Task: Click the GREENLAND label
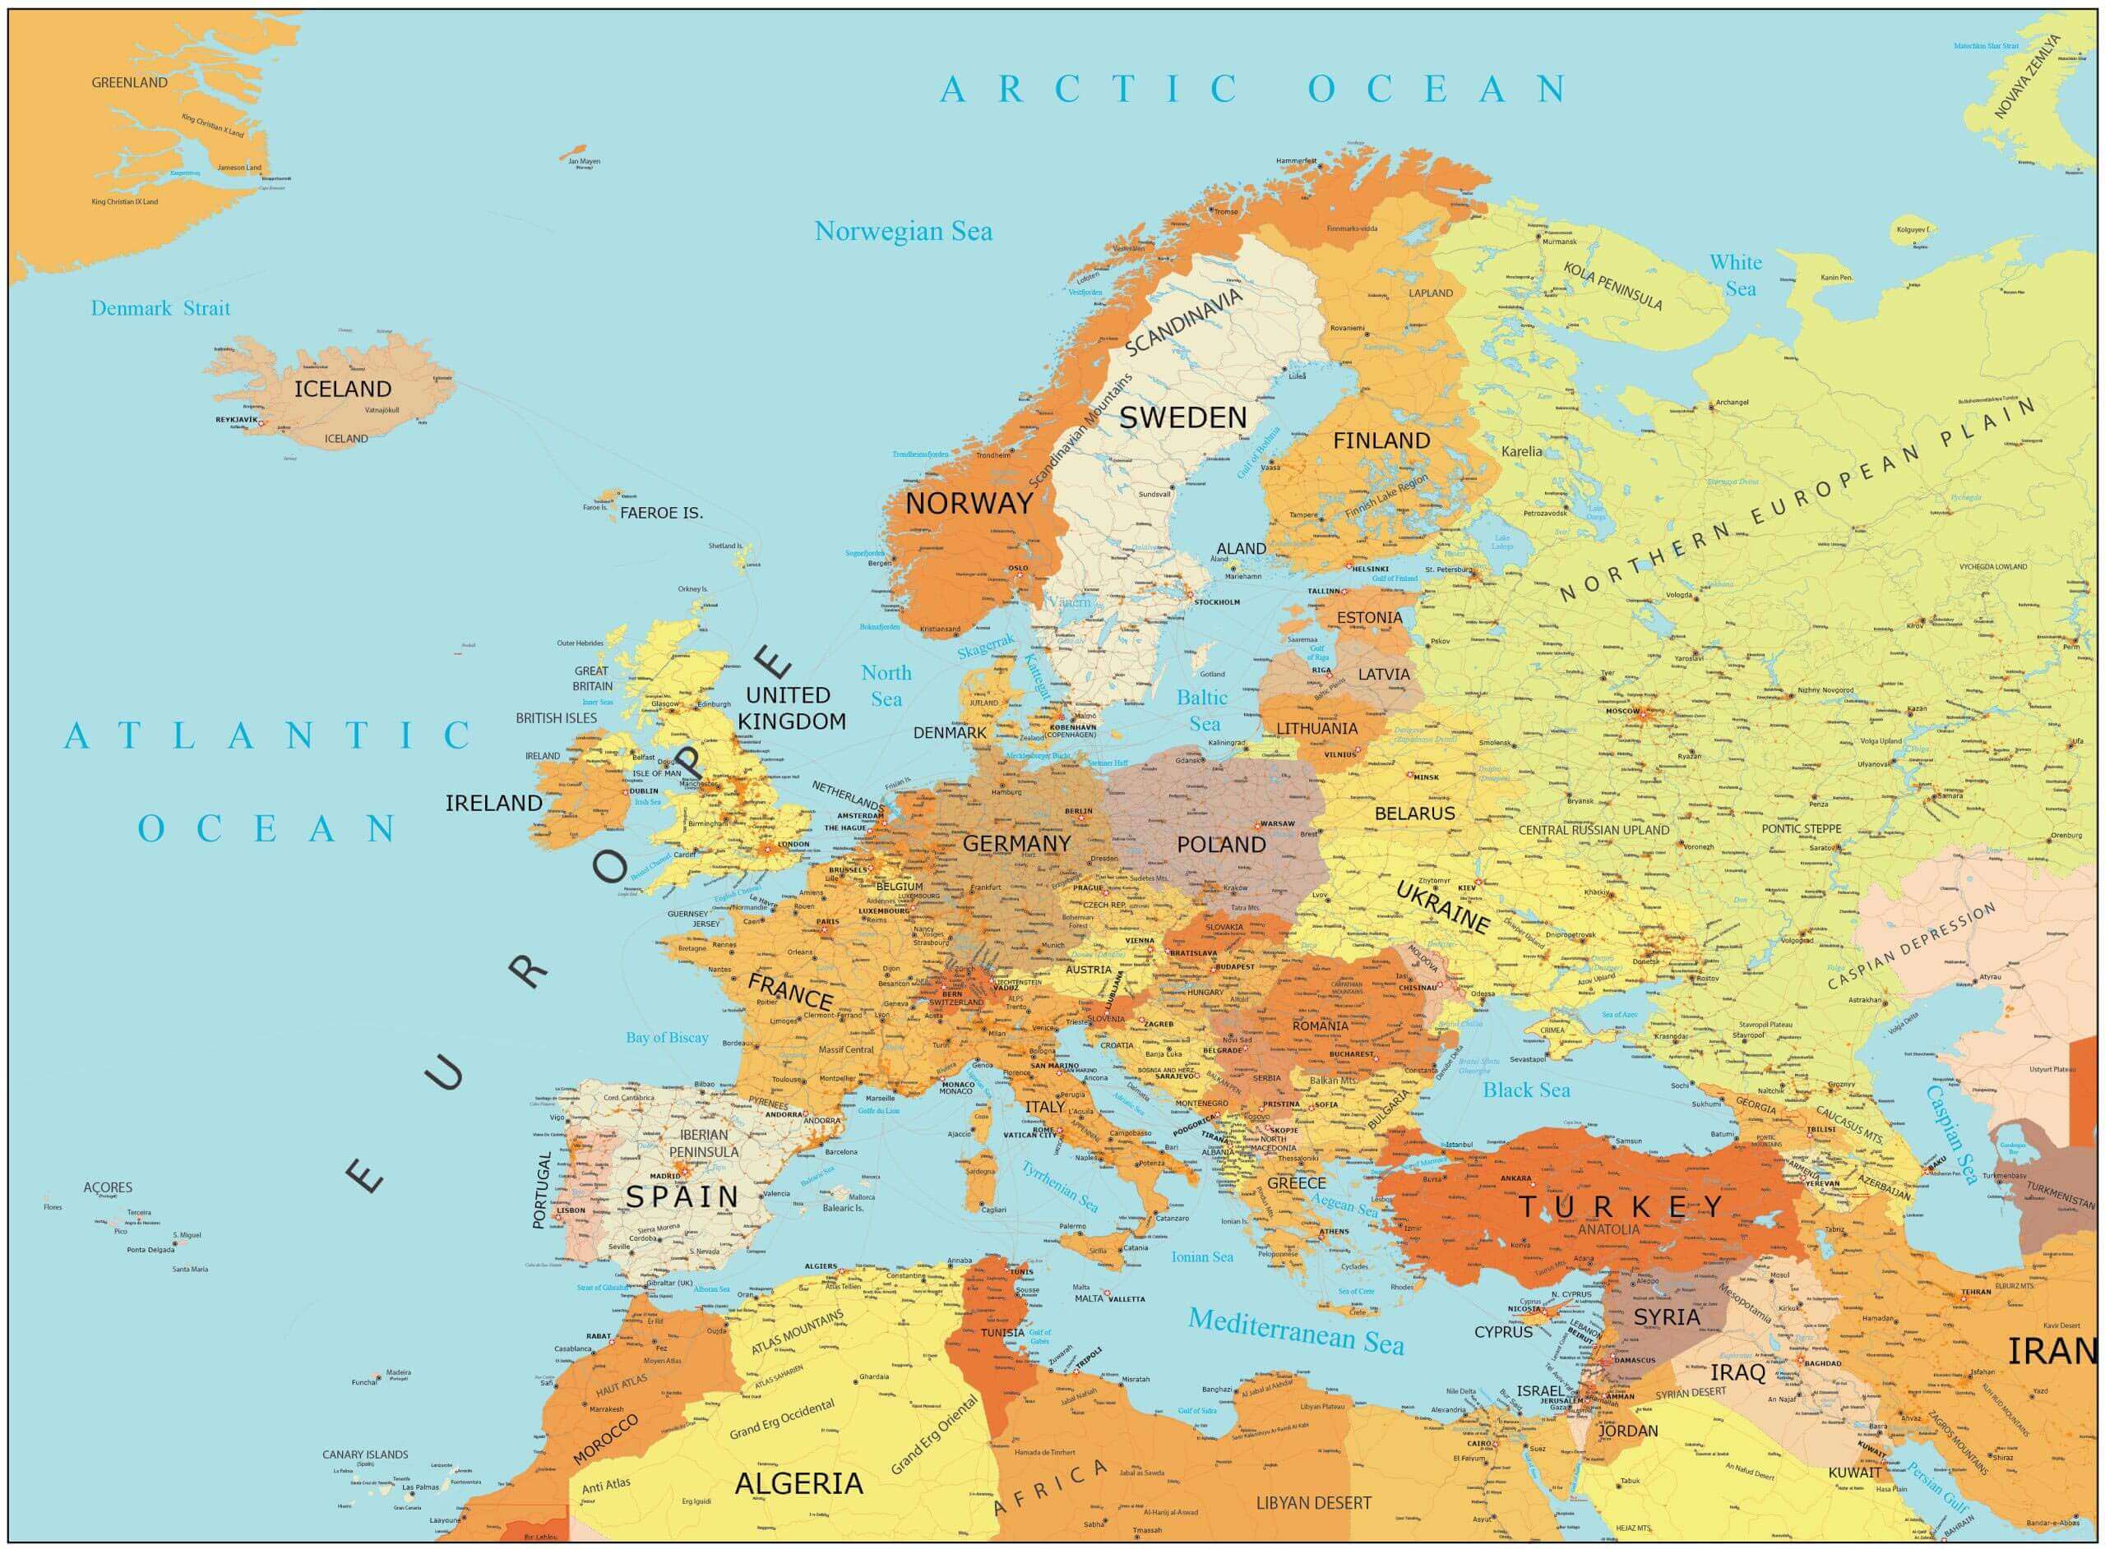pos(129,82)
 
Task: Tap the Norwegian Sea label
pos(902,232)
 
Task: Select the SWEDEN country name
pos(1183,418)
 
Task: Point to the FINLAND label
pos(1381,440)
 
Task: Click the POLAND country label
pos(1220,845)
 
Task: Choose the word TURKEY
pos(1620,1207)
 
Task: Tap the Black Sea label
pos(1525,1090)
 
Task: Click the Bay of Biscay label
pos(667,1037)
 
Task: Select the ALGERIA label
pos(798,1483)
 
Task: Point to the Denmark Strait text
pos(160,308)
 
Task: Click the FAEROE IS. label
pos(661,514)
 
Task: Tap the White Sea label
pos(1737,275)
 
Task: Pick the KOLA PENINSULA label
pos(1612,286)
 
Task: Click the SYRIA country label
pos(1666,1317)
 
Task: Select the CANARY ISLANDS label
pos(365,1454)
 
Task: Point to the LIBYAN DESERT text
pos(1313,1503)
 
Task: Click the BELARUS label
pos(1413,814)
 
